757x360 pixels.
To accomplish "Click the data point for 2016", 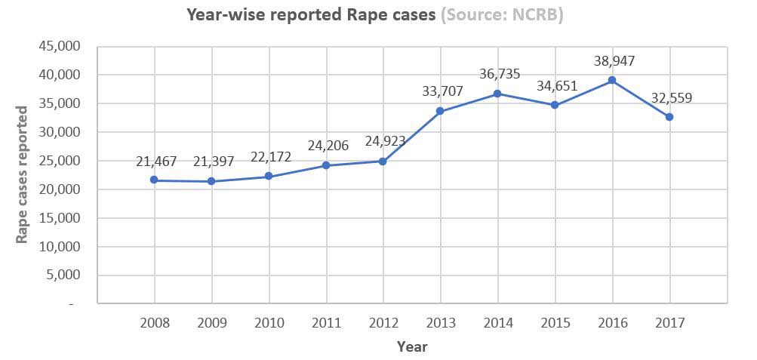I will coord(612,80).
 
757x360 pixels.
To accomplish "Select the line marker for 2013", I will coord(440,112).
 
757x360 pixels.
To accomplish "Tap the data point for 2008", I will coord(155,180).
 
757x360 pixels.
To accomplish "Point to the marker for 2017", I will coord(669,117).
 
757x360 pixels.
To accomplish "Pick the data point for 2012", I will coord(383,162).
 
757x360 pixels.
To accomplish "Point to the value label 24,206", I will coord(328,146).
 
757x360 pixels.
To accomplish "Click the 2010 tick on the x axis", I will coord(269,323).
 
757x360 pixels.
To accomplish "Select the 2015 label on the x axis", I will coord(555,323).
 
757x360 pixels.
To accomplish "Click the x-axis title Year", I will coord(412,346).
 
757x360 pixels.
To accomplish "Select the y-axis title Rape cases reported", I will coord(23,175).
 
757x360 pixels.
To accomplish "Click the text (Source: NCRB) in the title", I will coord(502,14).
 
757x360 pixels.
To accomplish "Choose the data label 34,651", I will coord(557,86).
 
